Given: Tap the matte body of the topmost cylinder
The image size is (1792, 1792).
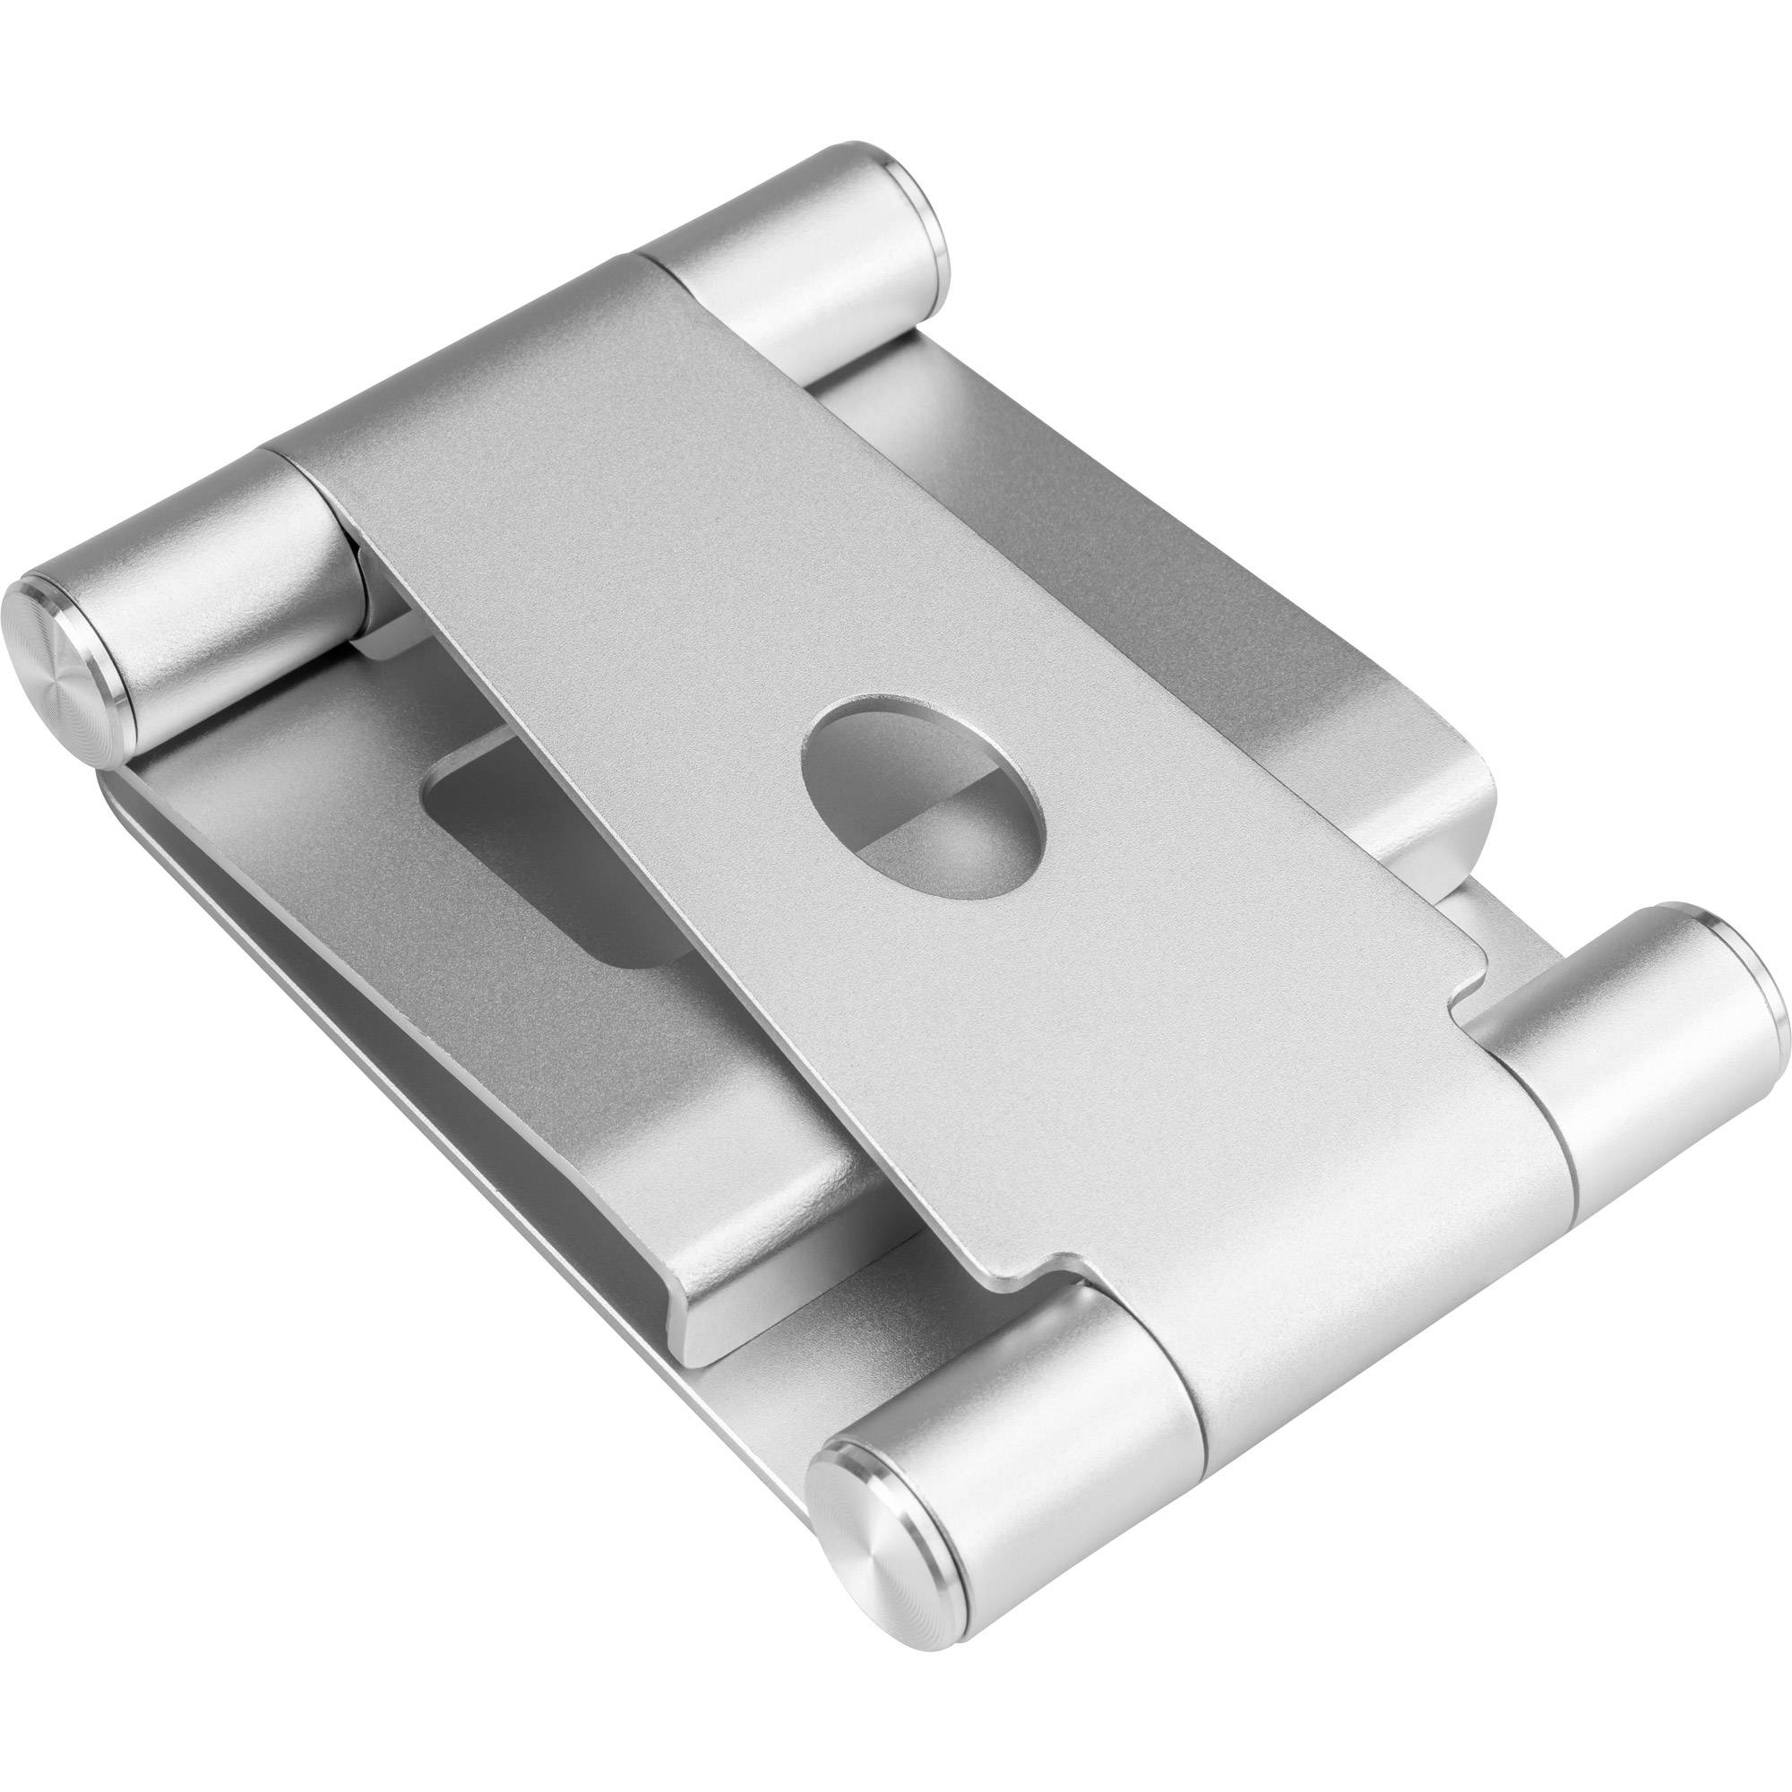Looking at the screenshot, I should (797, 260).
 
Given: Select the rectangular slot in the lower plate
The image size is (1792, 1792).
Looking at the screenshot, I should (556, 816).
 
